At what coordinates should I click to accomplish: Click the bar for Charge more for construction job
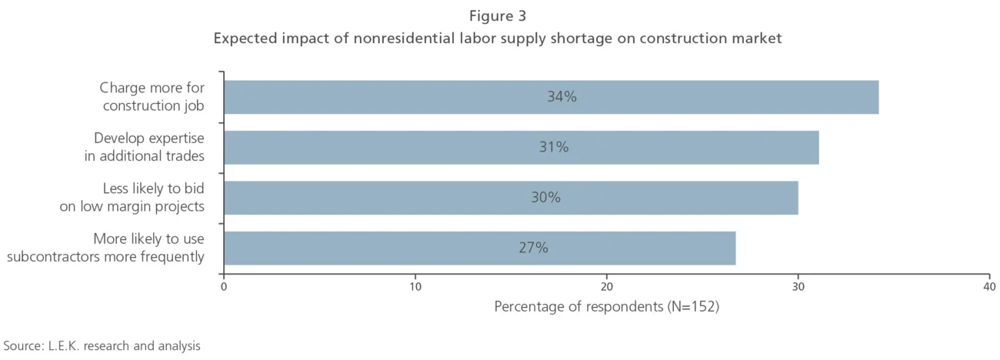pyautogui.click(x=551, y=97)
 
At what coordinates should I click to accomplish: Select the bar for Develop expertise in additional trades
pyautogui.click(x=521, y=147)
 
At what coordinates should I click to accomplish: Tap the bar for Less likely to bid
pyautogui.click(x=511, y=198)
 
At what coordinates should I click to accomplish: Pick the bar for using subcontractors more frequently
pyautogui.click(x=479, y=248)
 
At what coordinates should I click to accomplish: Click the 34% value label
pyautogui.click(x=561, y=97)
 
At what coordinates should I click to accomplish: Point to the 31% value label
pyautogui.click(x=553, y=147)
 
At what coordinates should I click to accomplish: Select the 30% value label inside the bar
pyautogui.click(x=545, y=198)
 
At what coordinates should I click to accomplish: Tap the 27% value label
pyautogui.click(x=533, y=248)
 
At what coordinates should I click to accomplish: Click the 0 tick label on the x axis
pyautogui.click(x=224, y=286)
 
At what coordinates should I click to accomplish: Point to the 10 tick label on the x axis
pyautogui.click(x=415, y=286)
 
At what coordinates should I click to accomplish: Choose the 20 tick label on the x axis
pyautogui.click(x=606, y=286)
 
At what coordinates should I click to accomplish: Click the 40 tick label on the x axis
pyautogui.click(x=988, y=286)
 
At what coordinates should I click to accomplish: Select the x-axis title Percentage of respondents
pyautogui.click(x=606, y=307)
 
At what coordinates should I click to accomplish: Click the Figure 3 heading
pyautogui.click(x=498, y=15)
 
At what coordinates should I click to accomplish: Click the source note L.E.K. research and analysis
pyautogui.click(x=102, y=345)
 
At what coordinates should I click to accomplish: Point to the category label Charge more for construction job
pyautogui.click(x=153, y=97)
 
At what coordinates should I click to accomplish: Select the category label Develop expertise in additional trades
pyautogui.click(x=145, y=147)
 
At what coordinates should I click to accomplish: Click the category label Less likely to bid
pyautogui.click(x=132, y=198)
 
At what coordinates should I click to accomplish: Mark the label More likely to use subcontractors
pyautogui.click(x=106, y=248)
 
